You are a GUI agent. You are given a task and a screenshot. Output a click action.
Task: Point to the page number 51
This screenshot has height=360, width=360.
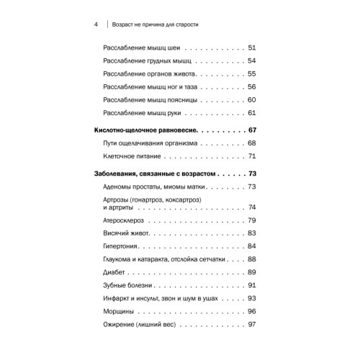coord(251,48)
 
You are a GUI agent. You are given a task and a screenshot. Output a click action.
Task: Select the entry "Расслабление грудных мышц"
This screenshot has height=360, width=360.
coord(145,60)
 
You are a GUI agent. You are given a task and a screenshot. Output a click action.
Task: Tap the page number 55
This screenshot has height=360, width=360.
coord(251,73)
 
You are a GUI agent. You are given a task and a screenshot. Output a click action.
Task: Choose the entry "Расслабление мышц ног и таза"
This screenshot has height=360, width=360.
coord(148,86)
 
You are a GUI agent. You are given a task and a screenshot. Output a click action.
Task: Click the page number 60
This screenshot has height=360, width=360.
coord(251,99)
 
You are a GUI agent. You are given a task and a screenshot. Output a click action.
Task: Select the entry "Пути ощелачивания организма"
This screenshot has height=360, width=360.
coord(148,143)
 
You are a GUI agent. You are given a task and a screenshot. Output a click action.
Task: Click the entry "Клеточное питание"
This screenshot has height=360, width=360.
coord(132,156)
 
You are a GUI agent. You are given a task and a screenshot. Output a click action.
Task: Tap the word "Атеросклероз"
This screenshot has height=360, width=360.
coord(127,220)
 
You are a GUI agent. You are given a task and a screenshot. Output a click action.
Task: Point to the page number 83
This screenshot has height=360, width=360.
coord(251,233)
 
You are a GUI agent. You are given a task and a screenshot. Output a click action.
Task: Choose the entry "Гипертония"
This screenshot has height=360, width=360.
coord(123,246)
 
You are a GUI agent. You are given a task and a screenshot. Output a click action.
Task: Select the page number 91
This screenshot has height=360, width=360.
coord(251,285)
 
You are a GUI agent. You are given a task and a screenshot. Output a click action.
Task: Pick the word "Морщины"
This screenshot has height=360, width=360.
coord(120,311)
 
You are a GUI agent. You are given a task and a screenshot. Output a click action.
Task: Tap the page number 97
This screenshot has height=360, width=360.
coord(251,325)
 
